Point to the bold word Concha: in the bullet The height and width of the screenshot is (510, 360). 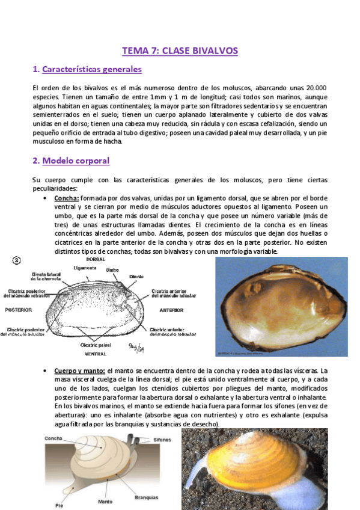[66, 198]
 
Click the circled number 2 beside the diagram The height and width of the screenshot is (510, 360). [17, 260]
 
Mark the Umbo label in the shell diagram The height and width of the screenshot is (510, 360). [112, 271]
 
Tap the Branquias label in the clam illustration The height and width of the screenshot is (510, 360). [147, 497]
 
